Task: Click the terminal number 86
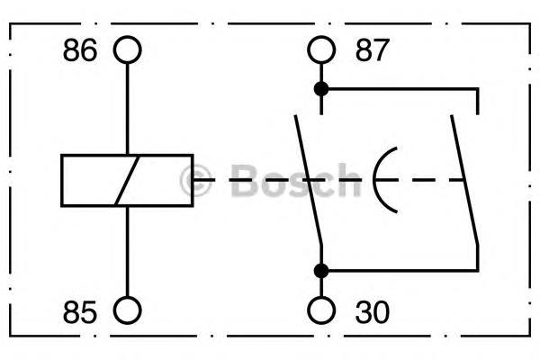pyautogui.click(x=80, y=50)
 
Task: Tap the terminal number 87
pyautogui.click(x=373, y=50)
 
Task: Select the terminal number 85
pyautogui.click(x=80, y=311)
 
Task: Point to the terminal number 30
pyautogui.click(x=373, y=311)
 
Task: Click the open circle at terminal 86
pyautogui.click(x=128, y=36)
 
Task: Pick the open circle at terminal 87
pyautogui.click(x=321, y=36)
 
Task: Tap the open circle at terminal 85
pyautogui.click(x=128, y=296)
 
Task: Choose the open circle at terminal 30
pyautogui.click(x=321, y=296)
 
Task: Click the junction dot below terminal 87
pyautogui.click(x=321, y=89)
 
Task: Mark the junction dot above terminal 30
pyautogui.click(x=321, y=271)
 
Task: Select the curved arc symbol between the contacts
pyautogui.click(x=374, y=180)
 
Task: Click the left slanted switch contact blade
pyautogui.click(x=308, y=180)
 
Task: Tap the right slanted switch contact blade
pyautogui.click(x=464, y=180)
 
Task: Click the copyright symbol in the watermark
pyautogui.click(x=195, y=181)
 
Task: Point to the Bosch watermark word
pyautogui.click(x=295, y=180)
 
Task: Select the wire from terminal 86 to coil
pyautogui.click(x=128, y=109)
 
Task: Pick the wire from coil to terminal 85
pyautogui.click(x=128, y=251)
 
